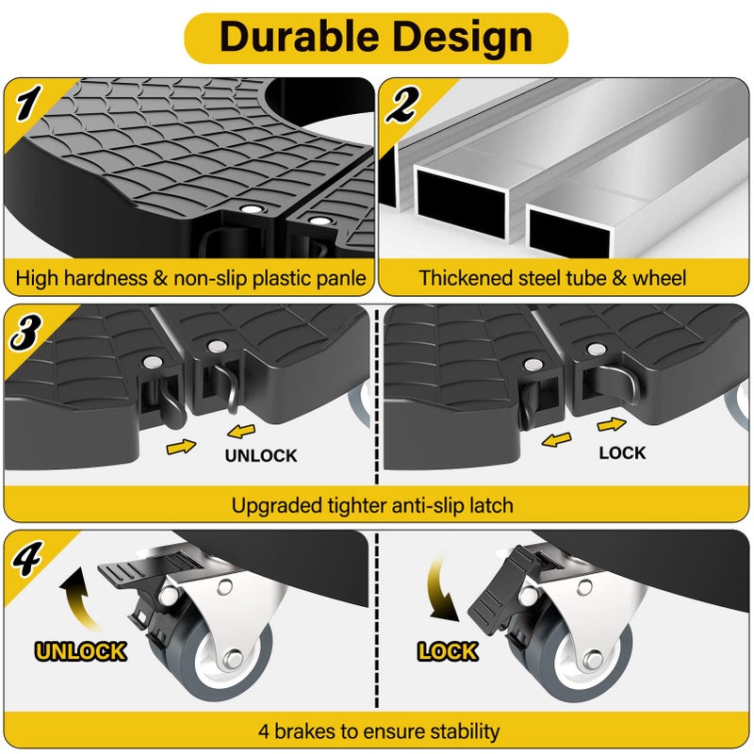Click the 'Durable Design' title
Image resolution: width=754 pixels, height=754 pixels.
click(x=376, y=38)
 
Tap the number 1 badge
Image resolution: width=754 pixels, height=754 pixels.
click(x=27, y=103)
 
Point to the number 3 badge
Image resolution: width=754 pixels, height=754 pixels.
click(x=25, y=331)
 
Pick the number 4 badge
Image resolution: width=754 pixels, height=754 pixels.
click(x=27, y=558)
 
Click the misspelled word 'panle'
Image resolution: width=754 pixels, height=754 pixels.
click(x=342, y=279)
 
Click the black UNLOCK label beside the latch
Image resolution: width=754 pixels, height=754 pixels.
click(x=261, y=455)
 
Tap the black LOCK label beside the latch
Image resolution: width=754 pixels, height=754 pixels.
click(x=622, y=452)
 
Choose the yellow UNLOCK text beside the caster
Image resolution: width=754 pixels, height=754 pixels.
click(x=81, y=651)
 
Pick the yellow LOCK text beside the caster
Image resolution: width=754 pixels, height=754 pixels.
click(x=448, y=651)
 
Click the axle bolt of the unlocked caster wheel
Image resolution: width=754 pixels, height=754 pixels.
click(x=234, y=657)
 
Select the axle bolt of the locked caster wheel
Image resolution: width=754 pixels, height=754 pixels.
click(x=595, y=659)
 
